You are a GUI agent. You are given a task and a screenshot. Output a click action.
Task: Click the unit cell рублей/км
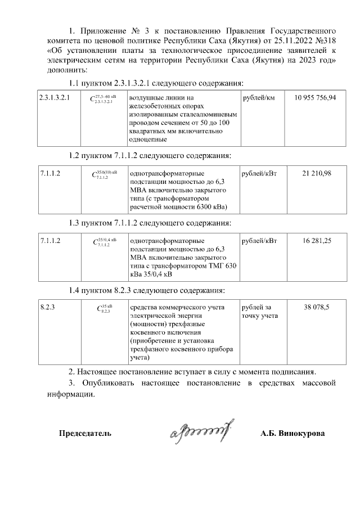259,98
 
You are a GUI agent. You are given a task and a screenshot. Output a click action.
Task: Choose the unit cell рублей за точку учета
259,312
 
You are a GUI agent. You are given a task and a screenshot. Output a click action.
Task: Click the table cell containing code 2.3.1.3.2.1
54,98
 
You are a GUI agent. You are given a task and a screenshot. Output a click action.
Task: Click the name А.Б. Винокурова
292,434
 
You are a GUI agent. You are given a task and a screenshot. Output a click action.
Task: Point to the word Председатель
85,434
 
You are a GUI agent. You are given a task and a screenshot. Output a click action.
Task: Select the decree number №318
325,41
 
